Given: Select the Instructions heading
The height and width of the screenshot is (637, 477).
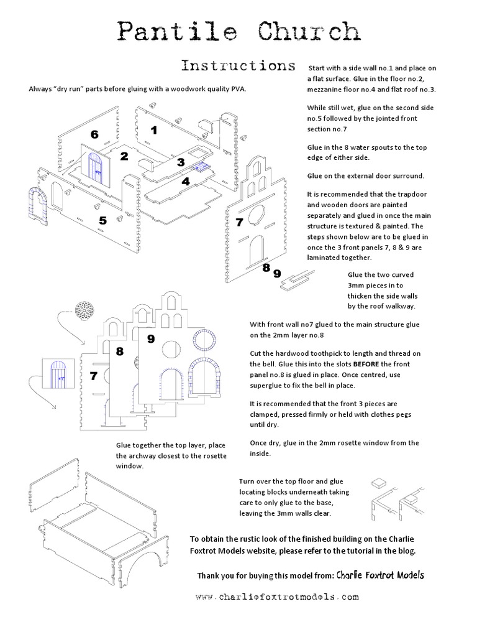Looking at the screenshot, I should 238,66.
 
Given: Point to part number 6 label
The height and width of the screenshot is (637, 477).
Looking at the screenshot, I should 94,134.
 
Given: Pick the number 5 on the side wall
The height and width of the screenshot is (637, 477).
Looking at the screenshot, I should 102,220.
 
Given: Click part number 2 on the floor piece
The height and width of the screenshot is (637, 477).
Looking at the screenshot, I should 124,156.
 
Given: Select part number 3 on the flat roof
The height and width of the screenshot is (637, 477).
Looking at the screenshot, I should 181,162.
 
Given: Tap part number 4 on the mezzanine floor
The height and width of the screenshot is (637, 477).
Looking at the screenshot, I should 185,182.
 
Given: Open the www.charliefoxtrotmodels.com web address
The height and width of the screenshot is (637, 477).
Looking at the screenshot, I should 277,597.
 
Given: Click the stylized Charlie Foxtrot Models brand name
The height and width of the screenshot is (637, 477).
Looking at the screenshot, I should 380,575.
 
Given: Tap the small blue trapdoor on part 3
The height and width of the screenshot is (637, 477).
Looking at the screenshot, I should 200,167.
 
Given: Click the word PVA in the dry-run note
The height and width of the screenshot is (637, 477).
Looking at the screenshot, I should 238,88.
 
